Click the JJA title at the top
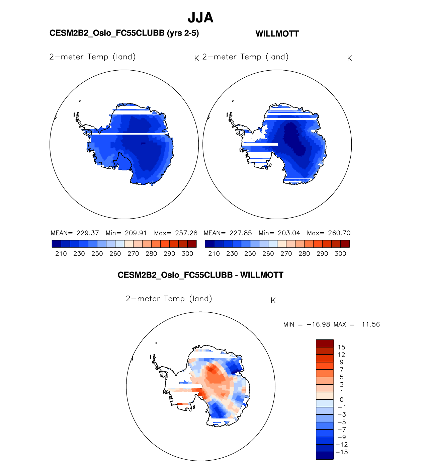[x=200, y=17]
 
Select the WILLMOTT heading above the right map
[x=277, y=34]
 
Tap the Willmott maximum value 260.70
[x=339, y=233]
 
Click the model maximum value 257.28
[x=186, y=233]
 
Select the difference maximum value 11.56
[x=371, y=324]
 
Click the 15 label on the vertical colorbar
[x=341, y=347]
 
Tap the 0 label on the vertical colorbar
[x=341, y=399]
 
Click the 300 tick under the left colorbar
[x=187, y=254]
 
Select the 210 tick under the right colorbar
[x=214, y=254]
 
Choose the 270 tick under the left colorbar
[x=133, y=254]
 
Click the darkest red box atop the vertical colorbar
[x=325, y=343]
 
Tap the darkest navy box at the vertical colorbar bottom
[x=325, y=456]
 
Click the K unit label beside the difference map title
[x=273, y=301]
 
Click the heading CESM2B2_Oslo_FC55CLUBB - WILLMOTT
[x=200, y=275]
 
